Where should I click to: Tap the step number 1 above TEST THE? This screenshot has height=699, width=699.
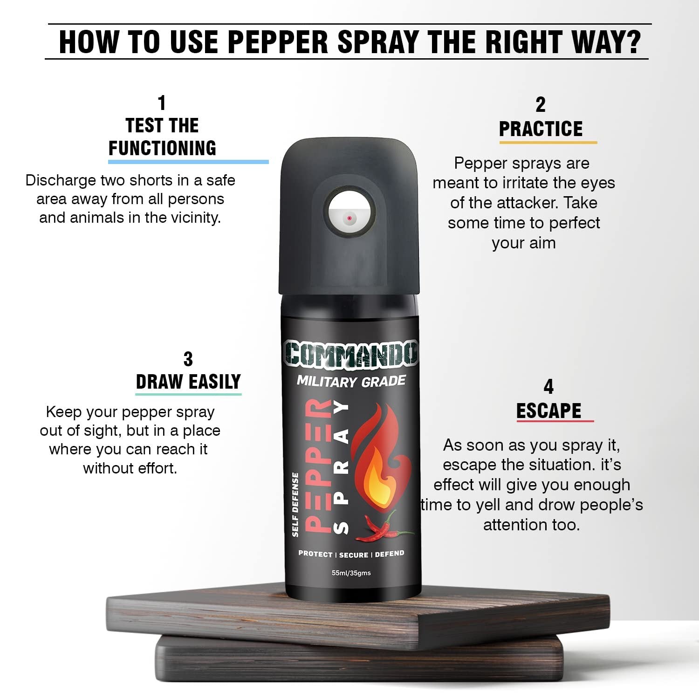[162, 103]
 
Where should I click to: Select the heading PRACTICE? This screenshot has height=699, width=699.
[541, 129]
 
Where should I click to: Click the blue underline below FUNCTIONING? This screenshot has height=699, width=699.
[188, 162]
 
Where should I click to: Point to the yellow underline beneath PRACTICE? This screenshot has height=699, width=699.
[548, 142]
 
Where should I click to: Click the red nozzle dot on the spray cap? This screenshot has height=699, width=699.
[349, 218]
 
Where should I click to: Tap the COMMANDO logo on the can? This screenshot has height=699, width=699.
[350, 353]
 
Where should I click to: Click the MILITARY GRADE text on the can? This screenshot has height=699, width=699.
[351, 382]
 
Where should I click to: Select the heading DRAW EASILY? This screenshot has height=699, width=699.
[188, 382]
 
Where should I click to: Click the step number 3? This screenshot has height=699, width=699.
[188, 359]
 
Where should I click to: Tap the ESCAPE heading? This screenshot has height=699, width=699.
[548, 411]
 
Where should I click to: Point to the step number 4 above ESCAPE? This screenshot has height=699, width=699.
[548, 387]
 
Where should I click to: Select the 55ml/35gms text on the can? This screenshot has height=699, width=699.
[351, 573]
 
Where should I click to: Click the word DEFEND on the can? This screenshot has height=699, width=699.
[389, 554]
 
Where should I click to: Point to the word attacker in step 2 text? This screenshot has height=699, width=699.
[529, 203]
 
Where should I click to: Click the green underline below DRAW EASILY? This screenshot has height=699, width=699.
[188, 394]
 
